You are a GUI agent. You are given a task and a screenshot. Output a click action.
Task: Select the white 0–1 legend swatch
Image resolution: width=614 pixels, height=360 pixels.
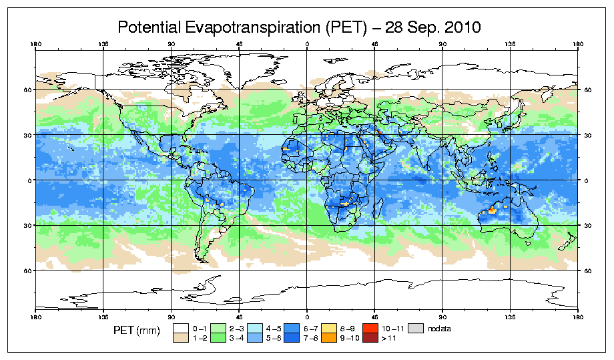tap(181, 328)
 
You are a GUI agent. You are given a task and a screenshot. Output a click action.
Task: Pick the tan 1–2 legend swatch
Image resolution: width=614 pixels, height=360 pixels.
tap(181, 338)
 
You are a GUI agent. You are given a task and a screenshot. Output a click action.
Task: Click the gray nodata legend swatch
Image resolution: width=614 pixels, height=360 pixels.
tap(417, 328)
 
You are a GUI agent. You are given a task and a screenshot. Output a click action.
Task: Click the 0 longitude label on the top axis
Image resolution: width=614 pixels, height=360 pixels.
tap(307, 45)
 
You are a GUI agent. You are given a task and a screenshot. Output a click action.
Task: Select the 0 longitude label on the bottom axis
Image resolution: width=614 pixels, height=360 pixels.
tap(307, 315)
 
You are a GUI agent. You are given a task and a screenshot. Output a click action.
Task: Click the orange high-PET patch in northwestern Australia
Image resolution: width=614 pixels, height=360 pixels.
tap(492, 210)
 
